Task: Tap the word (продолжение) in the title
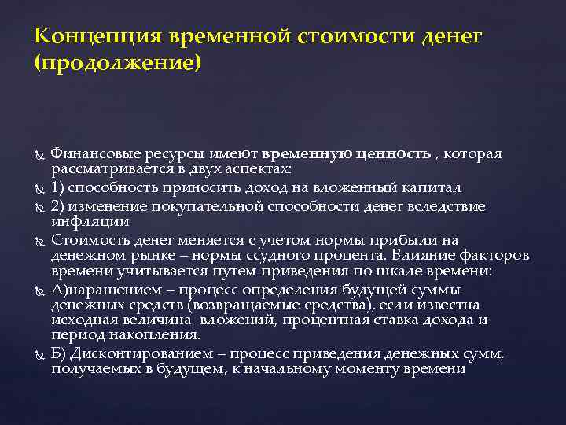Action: [118, 61]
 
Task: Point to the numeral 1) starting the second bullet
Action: [57, 187]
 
